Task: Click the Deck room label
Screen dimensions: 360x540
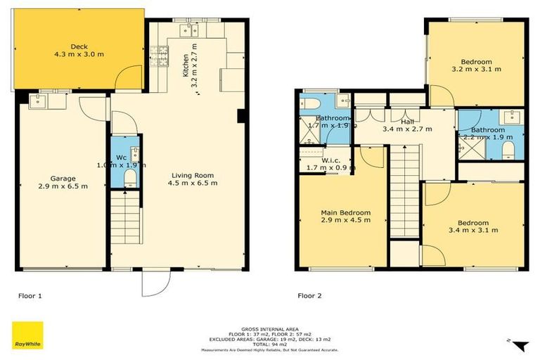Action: pos(79,47)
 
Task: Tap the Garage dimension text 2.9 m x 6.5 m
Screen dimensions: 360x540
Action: pos(64,186)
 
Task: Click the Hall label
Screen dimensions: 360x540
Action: pos(406,122)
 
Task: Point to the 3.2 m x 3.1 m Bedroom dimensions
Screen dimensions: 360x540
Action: pos(476,69)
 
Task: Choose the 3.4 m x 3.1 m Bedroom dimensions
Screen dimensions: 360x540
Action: pos(474,229)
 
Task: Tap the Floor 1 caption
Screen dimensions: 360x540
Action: pos(30,296)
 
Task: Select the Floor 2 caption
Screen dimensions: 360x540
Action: pos(309,296)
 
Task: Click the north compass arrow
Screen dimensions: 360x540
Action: pos(518,344)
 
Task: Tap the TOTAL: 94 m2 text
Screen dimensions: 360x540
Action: pos(270,343)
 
